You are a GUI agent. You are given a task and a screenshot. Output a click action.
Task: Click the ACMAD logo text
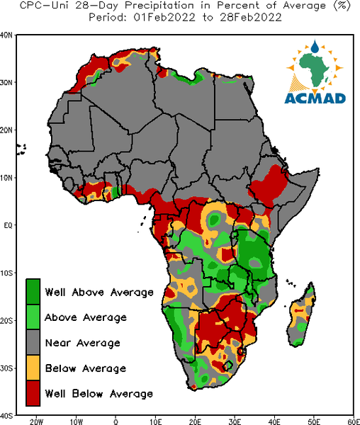pos(315,98)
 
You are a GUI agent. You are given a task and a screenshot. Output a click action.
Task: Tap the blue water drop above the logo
pos(315,46)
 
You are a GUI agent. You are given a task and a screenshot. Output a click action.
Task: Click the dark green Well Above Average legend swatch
pos(33,291)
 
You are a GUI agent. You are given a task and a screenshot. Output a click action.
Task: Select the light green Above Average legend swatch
pos(33,317)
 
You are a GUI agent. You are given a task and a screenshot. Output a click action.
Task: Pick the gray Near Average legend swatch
pos(33,342)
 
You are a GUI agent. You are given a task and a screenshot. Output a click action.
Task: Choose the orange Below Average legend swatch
pos(33,368)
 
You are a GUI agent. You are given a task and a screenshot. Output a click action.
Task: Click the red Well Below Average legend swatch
pos(33,393)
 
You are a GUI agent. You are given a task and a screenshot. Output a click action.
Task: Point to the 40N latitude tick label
pos(6,35)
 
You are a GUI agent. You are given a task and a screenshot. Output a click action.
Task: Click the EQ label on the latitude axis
pos(8,225)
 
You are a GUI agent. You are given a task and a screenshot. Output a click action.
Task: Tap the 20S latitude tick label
pos(6,320)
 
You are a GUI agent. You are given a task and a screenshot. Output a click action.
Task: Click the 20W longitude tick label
pos(36,421)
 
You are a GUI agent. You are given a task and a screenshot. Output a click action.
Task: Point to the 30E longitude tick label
pos(235,421)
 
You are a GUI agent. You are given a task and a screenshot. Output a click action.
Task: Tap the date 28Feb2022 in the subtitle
pos(251,18)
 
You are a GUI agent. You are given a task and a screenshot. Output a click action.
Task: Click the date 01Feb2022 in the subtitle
pos(164,18)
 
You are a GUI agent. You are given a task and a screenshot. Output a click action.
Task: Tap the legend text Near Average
pos(83,343)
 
